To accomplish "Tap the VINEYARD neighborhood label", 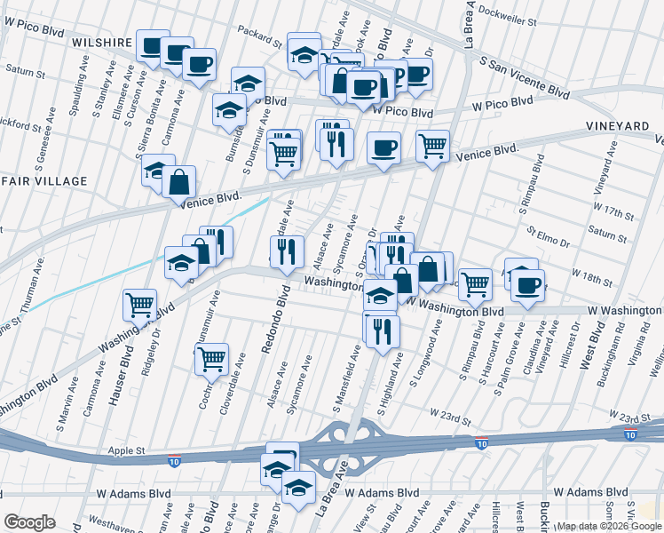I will click(x=617, y=128).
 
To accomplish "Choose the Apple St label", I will click(x=127, y=451).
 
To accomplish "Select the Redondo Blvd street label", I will click(x=273, y=324).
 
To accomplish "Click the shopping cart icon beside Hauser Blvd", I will click(x=140, y=304).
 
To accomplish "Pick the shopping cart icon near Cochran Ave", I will click(x=211, y=358).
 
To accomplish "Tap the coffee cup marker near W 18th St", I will click(x=528, y=284).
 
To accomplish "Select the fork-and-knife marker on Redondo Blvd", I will click(x=287, y=251).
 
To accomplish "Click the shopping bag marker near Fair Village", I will click(x=179, y=181).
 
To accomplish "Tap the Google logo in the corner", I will click(x=29, y=521).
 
